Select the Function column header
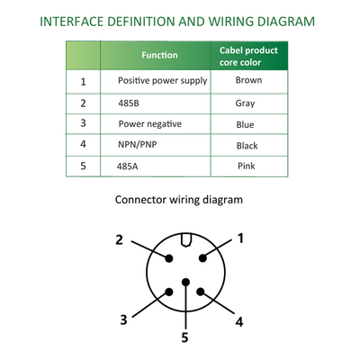[x=159, y=55]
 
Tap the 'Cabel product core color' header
[x=248, y=56]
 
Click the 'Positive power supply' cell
[x=163, y=81]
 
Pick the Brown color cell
[x=248, y=80]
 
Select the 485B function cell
[x=129, y=103]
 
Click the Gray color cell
[x=245, y=103]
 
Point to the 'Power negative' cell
[x=150, y=124]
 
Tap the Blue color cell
[x=245, y=124]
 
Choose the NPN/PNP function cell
[x=138, y=145]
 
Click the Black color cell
[x=247, y=146]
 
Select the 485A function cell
[x=128, y=166]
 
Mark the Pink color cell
[x=247, y=166]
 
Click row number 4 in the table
[x=83, y=144]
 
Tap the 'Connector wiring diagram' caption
[x=179, y=200]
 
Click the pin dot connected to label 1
[x=203, y=258]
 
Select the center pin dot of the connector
[x=186, y=282]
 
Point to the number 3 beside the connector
[x=123, y=319]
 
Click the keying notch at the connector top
[x=186, y=240]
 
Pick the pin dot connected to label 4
[x=201, y=292]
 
